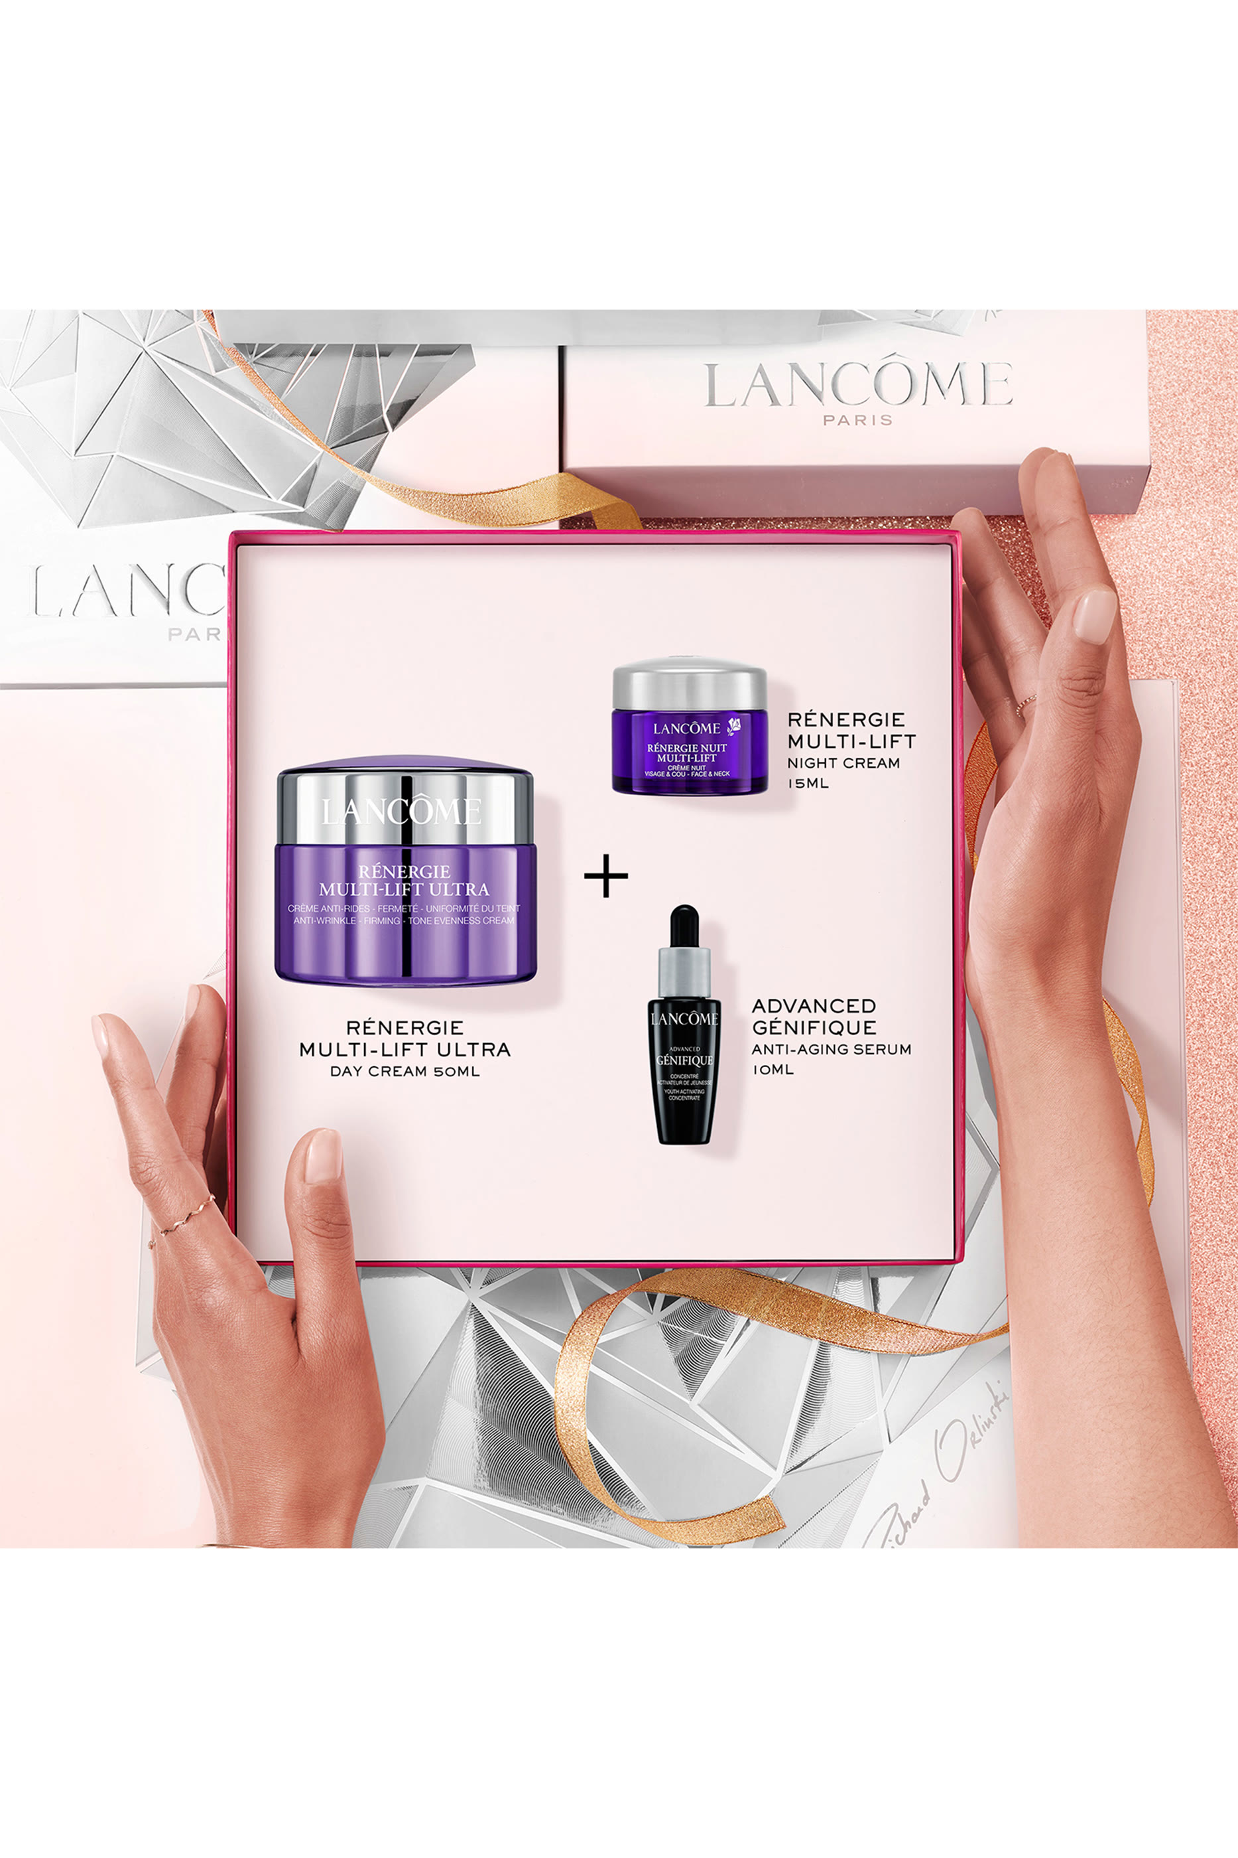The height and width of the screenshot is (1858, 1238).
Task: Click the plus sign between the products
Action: [x=605, y=875]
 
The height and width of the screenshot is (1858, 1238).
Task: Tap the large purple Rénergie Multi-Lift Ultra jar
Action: [x=404, y=877]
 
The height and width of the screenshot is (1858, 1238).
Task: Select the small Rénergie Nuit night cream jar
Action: [x=689, y=729]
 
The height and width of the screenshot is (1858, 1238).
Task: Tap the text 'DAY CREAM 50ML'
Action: [x=404, y=1071]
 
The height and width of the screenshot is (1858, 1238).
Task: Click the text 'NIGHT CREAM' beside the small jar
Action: [x=843, y=763]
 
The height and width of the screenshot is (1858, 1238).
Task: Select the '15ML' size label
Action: [x=808, y=784]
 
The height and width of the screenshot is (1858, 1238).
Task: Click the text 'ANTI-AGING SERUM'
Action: [x=831, y=1049]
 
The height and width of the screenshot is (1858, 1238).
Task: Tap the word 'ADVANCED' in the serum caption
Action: [x=813, y=1007]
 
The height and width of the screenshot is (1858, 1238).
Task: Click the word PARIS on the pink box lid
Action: [x=857, y=420]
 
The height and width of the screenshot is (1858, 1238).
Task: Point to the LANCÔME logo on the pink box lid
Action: [x=857, y=385]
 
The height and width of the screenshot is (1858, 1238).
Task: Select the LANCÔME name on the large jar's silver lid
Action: [x=401, y=812]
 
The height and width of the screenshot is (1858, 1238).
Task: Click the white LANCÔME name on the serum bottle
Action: [x=684, y=1019]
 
